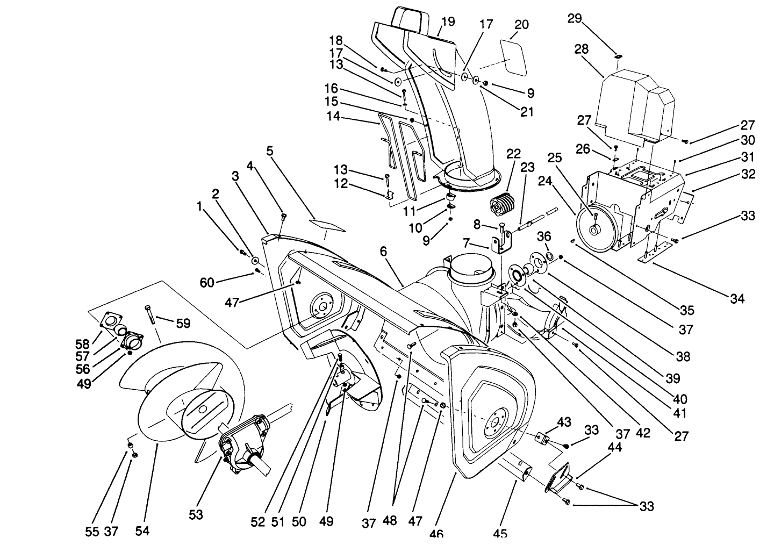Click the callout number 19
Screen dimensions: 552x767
pos(448,21)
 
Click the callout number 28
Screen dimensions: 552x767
pos(581,49)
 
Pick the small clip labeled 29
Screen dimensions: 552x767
pos(618,56)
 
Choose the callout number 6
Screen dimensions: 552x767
pos(383,251)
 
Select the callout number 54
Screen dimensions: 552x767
pos(142,531)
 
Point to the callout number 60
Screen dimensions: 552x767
pos(207,282)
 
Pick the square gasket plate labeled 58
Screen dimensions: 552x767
pos(111,321)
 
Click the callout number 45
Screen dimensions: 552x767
pos(500,534)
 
